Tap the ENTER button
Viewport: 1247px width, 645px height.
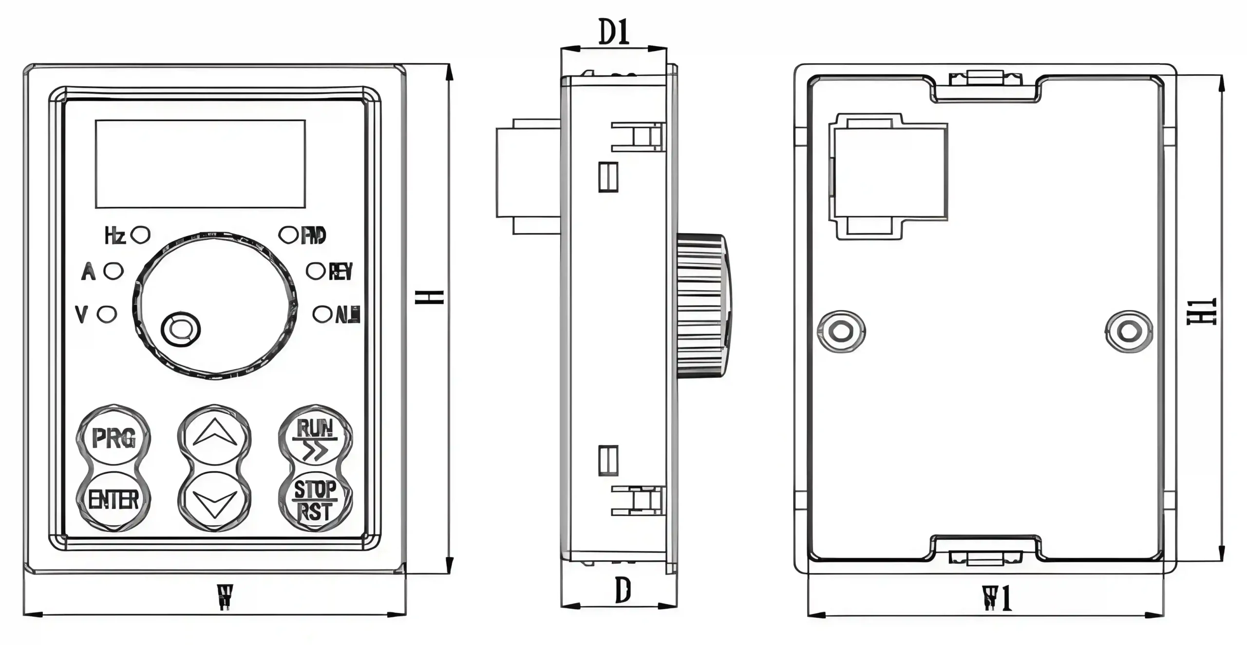click(113, 499)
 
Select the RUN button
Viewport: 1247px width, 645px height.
click(315, 438)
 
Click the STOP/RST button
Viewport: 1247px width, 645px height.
click(315, 499)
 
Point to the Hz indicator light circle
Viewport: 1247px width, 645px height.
click(141, 235)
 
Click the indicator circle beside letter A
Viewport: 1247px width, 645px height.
click(114, 271)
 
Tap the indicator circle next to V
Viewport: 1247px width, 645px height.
click(107, 314)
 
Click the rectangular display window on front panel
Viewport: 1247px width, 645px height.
click(200, 164)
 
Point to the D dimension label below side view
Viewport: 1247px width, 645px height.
click(623, 590)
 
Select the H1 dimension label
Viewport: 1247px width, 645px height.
click(1201, 312)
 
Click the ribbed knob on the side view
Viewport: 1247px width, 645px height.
click(701, 305)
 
